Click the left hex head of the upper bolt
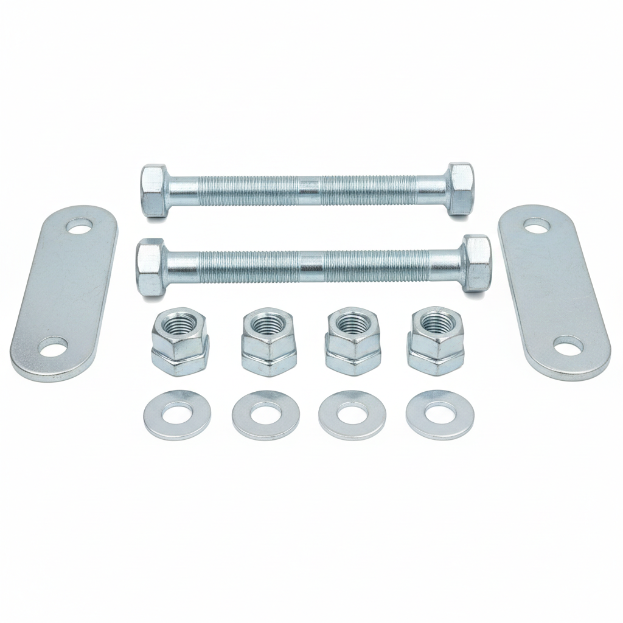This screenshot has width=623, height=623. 155,190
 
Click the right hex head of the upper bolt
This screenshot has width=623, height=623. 460,189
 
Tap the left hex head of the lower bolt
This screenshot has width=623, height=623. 150,266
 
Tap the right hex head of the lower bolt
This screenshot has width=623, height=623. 476,264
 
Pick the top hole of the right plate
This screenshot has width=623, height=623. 537,226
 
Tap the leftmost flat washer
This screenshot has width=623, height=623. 173,415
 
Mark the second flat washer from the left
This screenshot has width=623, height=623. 265,416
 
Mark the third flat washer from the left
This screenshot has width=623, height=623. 352,416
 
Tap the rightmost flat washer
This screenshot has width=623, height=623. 440,415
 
